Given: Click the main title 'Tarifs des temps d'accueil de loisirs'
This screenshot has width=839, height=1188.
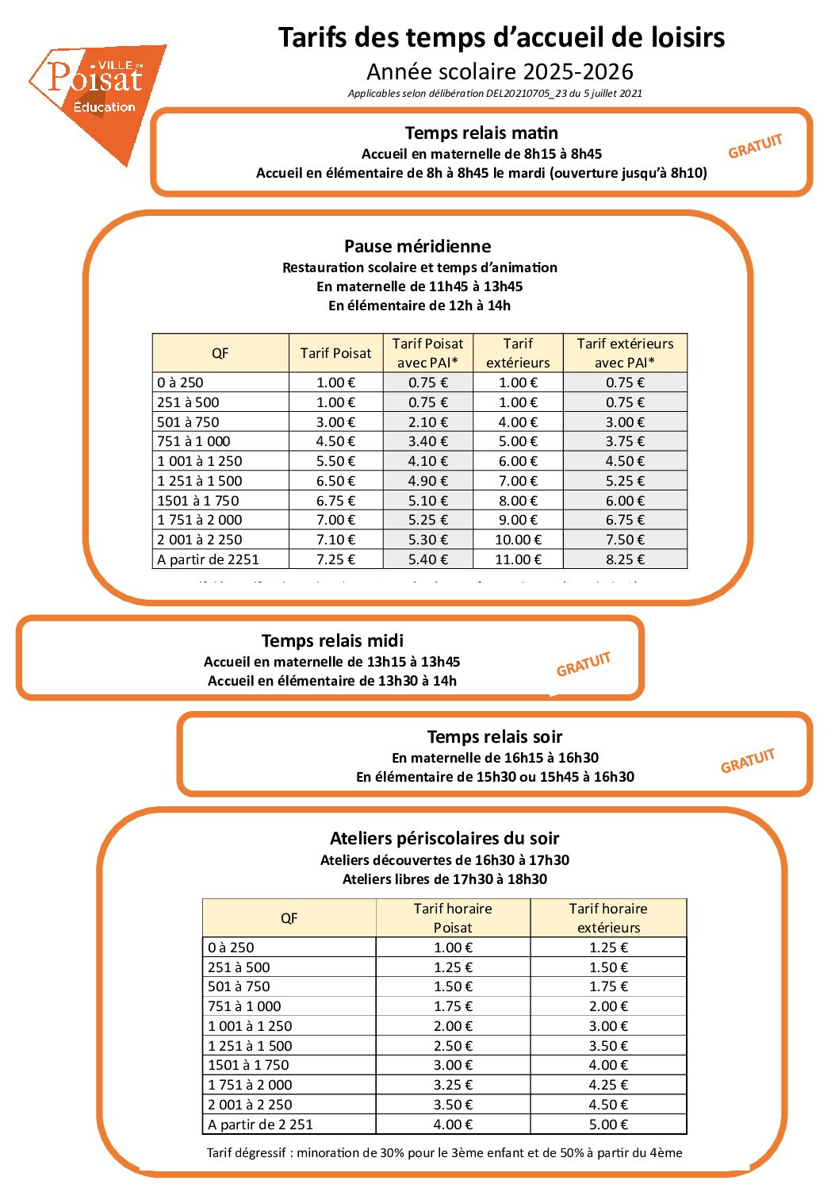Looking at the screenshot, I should tap(501, 37).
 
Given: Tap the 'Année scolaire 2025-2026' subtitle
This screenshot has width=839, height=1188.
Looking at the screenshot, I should tap(500, 72).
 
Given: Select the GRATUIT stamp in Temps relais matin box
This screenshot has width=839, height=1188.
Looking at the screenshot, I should tap(755, 146).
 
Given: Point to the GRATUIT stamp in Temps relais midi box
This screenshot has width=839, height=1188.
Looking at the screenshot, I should tap(584, 664).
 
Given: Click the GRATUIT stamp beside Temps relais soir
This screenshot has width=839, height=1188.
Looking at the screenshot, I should tap(747, 760).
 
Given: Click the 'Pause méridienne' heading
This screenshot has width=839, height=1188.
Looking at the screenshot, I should tap(417, 246).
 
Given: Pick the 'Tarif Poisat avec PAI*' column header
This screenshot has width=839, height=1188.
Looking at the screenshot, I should tap(427, 353).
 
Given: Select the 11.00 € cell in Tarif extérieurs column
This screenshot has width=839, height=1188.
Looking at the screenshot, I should tap(518, 559).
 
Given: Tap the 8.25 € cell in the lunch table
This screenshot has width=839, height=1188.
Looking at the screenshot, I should tap(625, 559).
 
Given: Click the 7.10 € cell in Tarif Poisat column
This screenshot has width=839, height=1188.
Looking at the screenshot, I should tap(335, 540).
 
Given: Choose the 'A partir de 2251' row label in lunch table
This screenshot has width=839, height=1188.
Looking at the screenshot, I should tap(209, 559).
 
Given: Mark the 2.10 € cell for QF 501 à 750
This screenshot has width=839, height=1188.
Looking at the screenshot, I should tap(427, 422).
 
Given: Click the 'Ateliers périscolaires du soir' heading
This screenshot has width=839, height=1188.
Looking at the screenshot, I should tap(444, 838).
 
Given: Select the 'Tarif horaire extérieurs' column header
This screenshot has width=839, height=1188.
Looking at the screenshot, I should tap(608, 918).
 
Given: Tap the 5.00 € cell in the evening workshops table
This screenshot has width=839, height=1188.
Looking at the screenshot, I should tap(608, 1125).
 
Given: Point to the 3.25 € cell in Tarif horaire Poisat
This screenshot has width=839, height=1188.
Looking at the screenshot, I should tap(453, 1085).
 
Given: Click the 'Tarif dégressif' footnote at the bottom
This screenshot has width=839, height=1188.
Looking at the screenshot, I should tap(444, 1152).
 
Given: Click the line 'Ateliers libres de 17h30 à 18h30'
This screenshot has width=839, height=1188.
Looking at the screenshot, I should tap(444, 879).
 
